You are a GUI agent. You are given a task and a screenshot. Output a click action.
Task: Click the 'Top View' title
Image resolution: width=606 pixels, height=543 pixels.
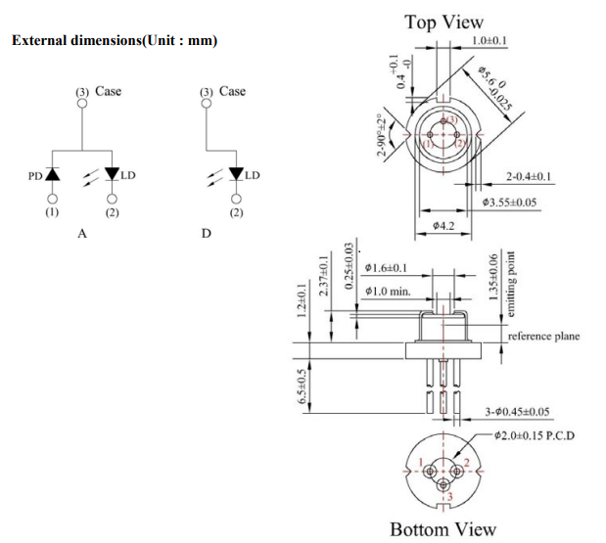[444, 22]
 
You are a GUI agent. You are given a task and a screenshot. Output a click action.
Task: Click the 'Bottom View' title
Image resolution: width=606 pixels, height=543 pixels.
[443, 528]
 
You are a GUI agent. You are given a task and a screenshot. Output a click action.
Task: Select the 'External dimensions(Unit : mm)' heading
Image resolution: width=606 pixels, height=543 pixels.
[114, 40]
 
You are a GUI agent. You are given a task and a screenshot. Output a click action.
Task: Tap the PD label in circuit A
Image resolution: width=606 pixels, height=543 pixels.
[34, 177]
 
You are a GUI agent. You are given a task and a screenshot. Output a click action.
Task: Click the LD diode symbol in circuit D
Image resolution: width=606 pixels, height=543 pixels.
[235, 174]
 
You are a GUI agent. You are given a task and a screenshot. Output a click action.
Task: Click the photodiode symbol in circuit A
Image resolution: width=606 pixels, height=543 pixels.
[52, 175]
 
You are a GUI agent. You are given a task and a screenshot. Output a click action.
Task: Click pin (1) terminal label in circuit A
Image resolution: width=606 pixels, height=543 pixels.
[52, 210]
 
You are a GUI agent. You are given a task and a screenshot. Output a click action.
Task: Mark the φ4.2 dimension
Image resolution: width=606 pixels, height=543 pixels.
[443, 226]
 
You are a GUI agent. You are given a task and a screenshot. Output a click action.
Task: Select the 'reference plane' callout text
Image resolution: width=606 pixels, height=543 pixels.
[543, 336]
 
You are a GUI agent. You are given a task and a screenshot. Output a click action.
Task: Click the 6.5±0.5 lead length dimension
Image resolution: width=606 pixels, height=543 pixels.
[303, 385]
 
